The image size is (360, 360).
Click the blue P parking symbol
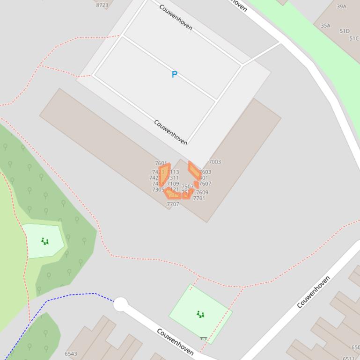(175, 74)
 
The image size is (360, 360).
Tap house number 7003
(215, 162)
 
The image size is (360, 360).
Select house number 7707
(173, 204)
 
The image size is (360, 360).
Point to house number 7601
(161, 164)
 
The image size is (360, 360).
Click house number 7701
(199, 198)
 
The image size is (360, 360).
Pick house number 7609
(202, 193)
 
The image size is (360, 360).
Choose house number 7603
(206, 172)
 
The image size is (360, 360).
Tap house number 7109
(173, 184)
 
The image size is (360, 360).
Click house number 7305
(158, 190)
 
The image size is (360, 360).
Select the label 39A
(341, 7)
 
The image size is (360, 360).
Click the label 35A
(325, 26)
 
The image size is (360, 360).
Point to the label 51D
(344, 31)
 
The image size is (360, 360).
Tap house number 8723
(102, 5)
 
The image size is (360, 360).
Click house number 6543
(71, 354)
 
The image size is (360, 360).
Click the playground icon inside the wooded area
(45, 241)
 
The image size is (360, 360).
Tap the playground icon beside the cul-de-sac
(200, 314)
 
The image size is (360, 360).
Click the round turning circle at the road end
(121, 304)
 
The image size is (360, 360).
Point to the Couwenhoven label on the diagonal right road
(313, 292)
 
